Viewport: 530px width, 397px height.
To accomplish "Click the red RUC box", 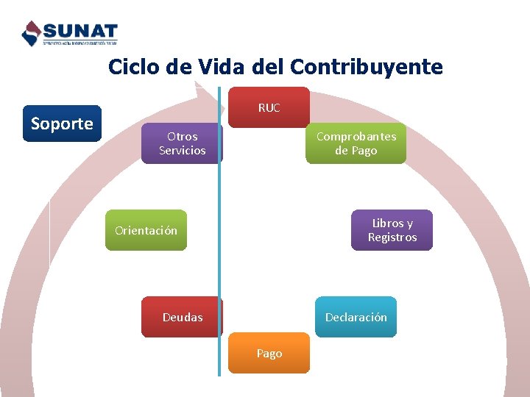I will (x=269, y=107).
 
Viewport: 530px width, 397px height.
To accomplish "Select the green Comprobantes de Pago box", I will (x=356, y=143).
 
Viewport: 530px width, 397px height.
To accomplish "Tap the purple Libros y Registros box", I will (x=392, y=230).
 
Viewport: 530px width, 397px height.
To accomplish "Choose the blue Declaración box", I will (x=356, y=317).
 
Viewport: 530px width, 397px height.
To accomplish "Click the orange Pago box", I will (x=269, y=353).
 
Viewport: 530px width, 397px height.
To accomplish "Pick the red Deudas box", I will (x=182, y=317).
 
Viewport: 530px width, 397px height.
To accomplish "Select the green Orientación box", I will (x=146, y=230).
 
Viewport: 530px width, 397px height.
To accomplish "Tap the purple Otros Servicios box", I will (x=182, y=143).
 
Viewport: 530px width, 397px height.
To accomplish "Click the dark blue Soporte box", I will (x=62, y=124).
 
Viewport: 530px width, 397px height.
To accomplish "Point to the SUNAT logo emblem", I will (x=32, y=33).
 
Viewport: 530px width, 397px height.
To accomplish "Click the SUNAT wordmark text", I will (x=80, y=31).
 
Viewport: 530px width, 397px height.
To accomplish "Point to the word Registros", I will (x=392, y=237).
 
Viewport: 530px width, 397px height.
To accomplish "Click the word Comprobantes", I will (x=356, y=137).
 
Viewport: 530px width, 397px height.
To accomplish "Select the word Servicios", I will (x=183, y=151).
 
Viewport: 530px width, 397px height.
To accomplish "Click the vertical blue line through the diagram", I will (x=219, y=257).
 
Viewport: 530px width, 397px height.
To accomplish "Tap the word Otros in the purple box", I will (x=183, y=137).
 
